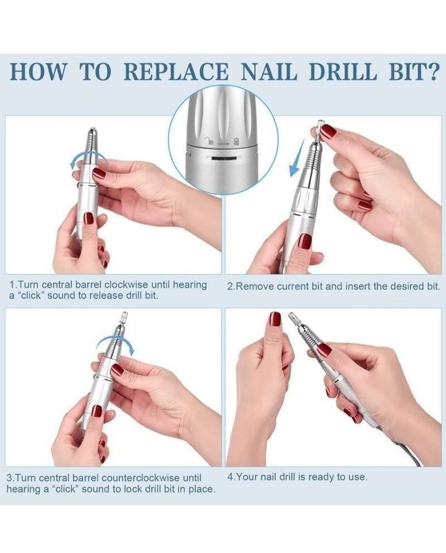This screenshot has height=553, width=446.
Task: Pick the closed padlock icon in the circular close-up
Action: point(237,140)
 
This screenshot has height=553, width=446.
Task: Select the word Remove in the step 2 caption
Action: point(255,286)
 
